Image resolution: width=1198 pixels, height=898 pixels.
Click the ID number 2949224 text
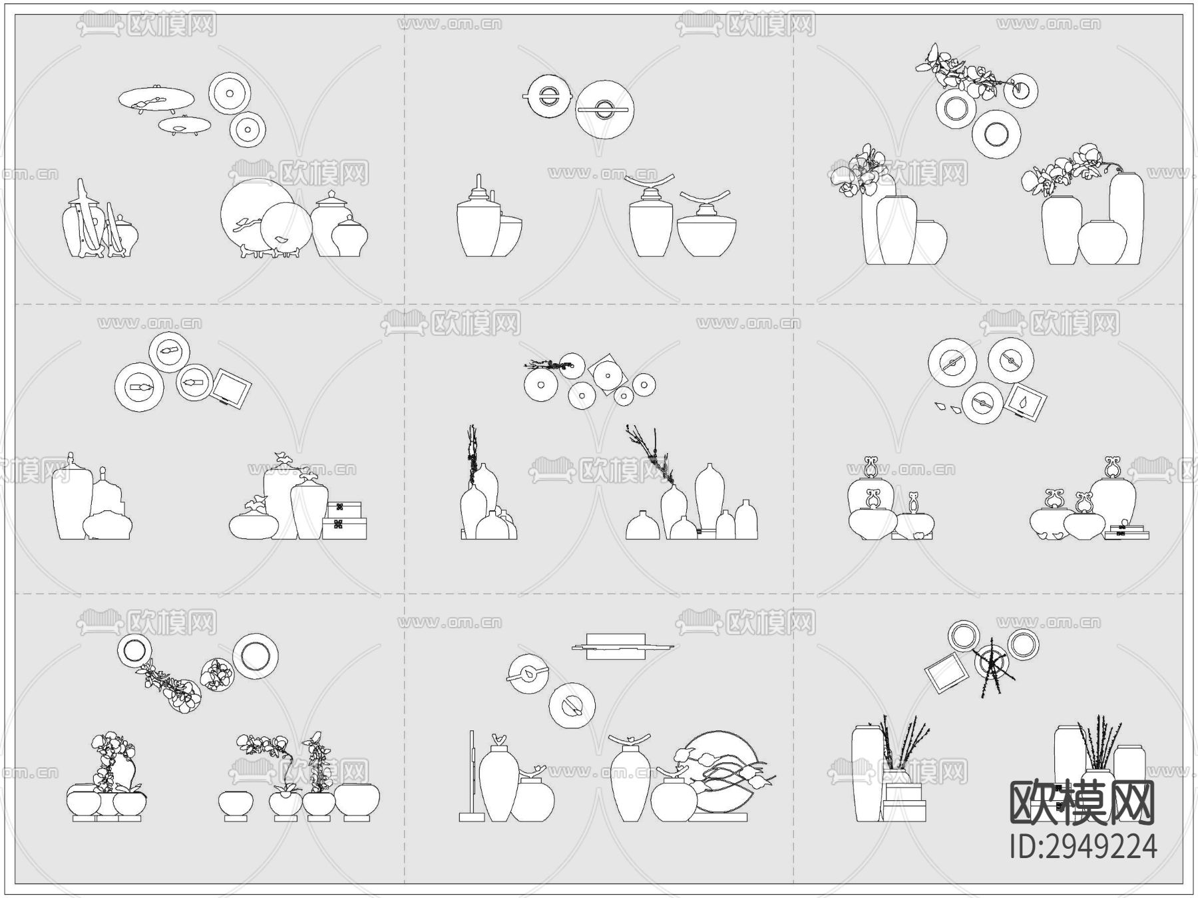tap(1083, 846)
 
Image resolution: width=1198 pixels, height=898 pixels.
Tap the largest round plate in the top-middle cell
tap(604, 109)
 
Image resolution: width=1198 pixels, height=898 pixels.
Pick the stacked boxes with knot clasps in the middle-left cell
tap(344, 521)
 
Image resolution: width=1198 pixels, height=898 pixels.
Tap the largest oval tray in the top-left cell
tap(157, 99)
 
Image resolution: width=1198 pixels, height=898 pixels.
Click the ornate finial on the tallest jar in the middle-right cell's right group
tap(1111, 467)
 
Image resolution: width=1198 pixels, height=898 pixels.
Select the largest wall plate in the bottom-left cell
tap(255, 656)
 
